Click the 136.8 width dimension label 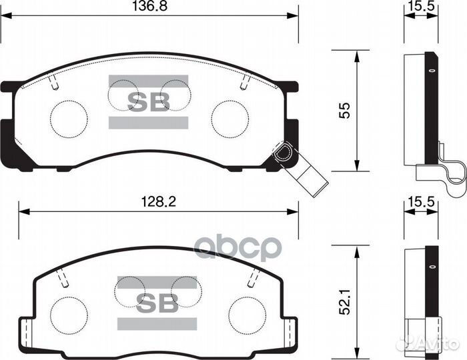click(150, 6)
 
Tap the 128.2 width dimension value click(159, 202)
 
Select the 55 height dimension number click(345, 111)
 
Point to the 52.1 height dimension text click(345, 303)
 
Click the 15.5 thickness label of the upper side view click(421, 6)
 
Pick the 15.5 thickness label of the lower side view click(421, 202)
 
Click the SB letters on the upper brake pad click(148, 102)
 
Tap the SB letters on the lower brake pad click(157, 303)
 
